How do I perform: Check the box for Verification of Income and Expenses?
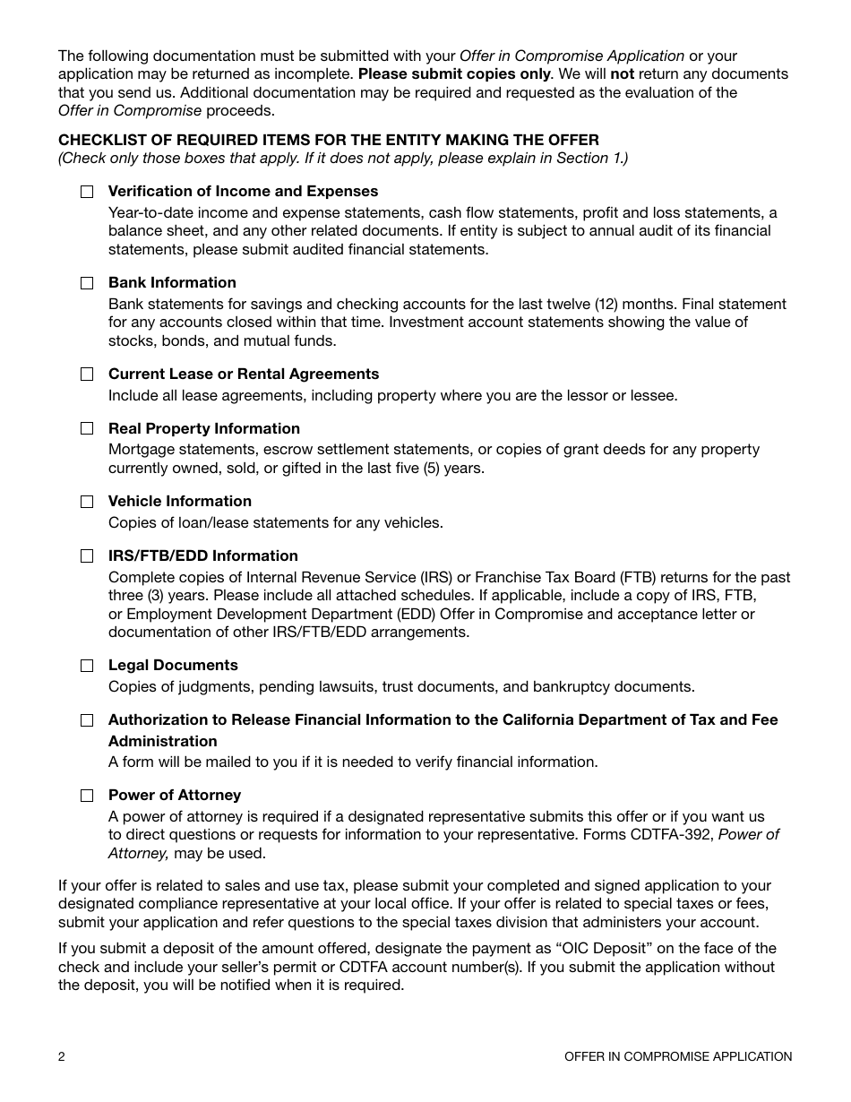(x=87, y=192)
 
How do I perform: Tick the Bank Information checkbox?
(x=87, y=283)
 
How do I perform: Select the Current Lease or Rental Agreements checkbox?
(x=87, y=375)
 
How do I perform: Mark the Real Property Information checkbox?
(x=87, y=429)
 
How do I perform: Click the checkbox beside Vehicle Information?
(x=87, y=502)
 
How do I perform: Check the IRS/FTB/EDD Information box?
(x=87, y=556)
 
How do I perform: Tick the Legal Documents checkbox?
(x=87, y=666)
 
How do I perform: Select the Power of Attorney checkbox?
(x=87, y=796)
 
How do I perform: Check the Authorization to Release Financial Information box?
(x=87, y=720)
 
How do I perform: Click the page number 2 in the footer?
(x=62, y=1056)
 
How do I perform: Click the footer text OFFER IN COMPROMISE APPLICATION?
(x=678, y=1056)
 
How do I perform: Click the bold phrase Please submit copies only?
(x=453, y=74)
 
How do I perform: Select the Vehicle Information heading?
(x=180, y=502)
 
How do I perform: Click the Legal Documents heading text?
(x=173, y=666)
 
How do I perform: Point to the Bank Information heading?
(x=172, y=283)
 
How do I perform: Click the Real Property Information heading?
(x=204, y=429)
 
